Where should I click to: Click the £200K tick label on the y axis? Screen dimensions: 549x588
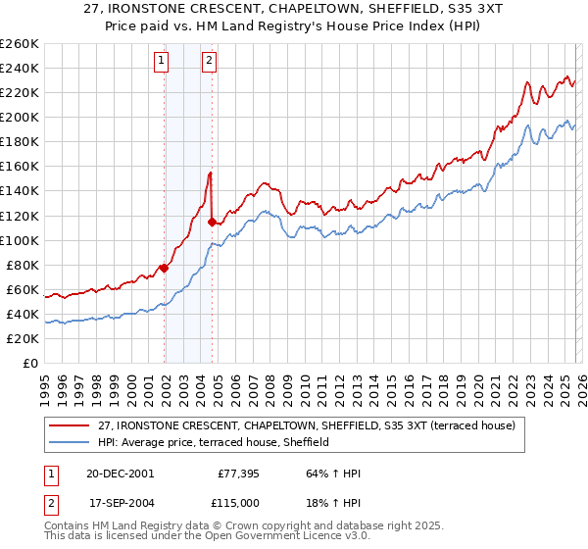[19, 117]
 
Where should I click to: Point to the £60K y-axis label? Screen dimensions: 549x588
[22, 289]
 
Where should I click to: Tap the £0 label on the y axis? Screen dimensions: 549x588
[30, 363]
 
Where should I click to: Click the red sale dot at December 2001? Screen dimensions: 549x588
[164, 268]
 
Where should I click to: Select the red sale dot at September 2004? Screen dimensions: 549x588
[212, 222]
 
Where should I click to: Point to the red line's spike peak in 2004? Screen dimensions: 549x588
[210, 173]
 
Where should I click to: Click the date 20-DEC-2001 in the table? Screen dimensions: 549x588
[121, 473]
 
